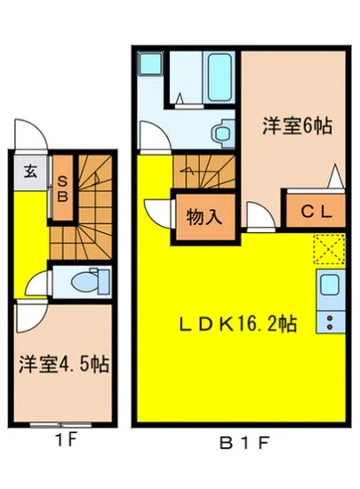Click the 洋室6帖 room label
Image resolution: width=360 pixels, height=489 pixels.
(296, 127)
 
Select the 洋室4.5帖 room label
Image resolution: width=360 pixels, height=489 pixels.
(63, 365)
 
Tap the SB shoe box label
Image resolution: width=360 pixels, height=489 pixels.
(62, 188)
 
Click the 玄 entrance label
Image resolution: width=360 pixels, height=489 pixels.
(30, 172)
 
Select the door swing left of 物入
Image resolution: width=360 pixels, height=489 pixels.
(160, 213)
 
